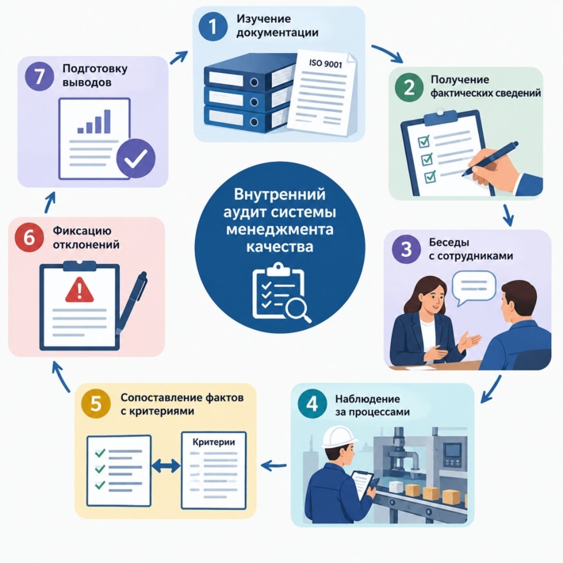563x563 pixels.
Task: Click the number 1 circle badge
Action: pos(213,26)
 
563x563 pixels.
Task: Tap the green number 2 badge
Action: pos(409,87)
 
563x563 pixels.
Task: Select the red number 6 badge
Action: pos(29,238)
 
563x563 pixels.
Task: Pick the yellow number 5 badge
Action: pos(96,404)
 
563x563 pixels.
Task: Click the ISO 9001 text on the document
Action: pos(326,64)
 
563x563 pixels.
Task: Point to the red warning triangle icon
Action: pos(79,289)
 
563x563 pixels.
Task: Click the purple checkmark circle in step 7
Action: pos(136,158)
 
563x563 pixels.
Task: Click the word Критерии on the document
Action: pos(214,442)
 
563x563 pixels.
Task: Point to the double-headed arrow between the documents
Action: pos(166,466)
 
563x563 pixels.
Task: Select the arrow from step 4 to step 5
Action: pos(274,465)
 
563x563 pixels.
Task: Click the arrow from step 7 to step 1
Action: pos(178,57)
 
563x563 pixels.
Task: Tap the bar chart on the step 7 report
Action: pos(94,121)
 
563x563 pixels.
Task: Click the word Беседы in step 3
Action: pos(449,243)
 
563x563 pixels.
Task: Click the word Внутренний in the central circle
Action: pos(279,194)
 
